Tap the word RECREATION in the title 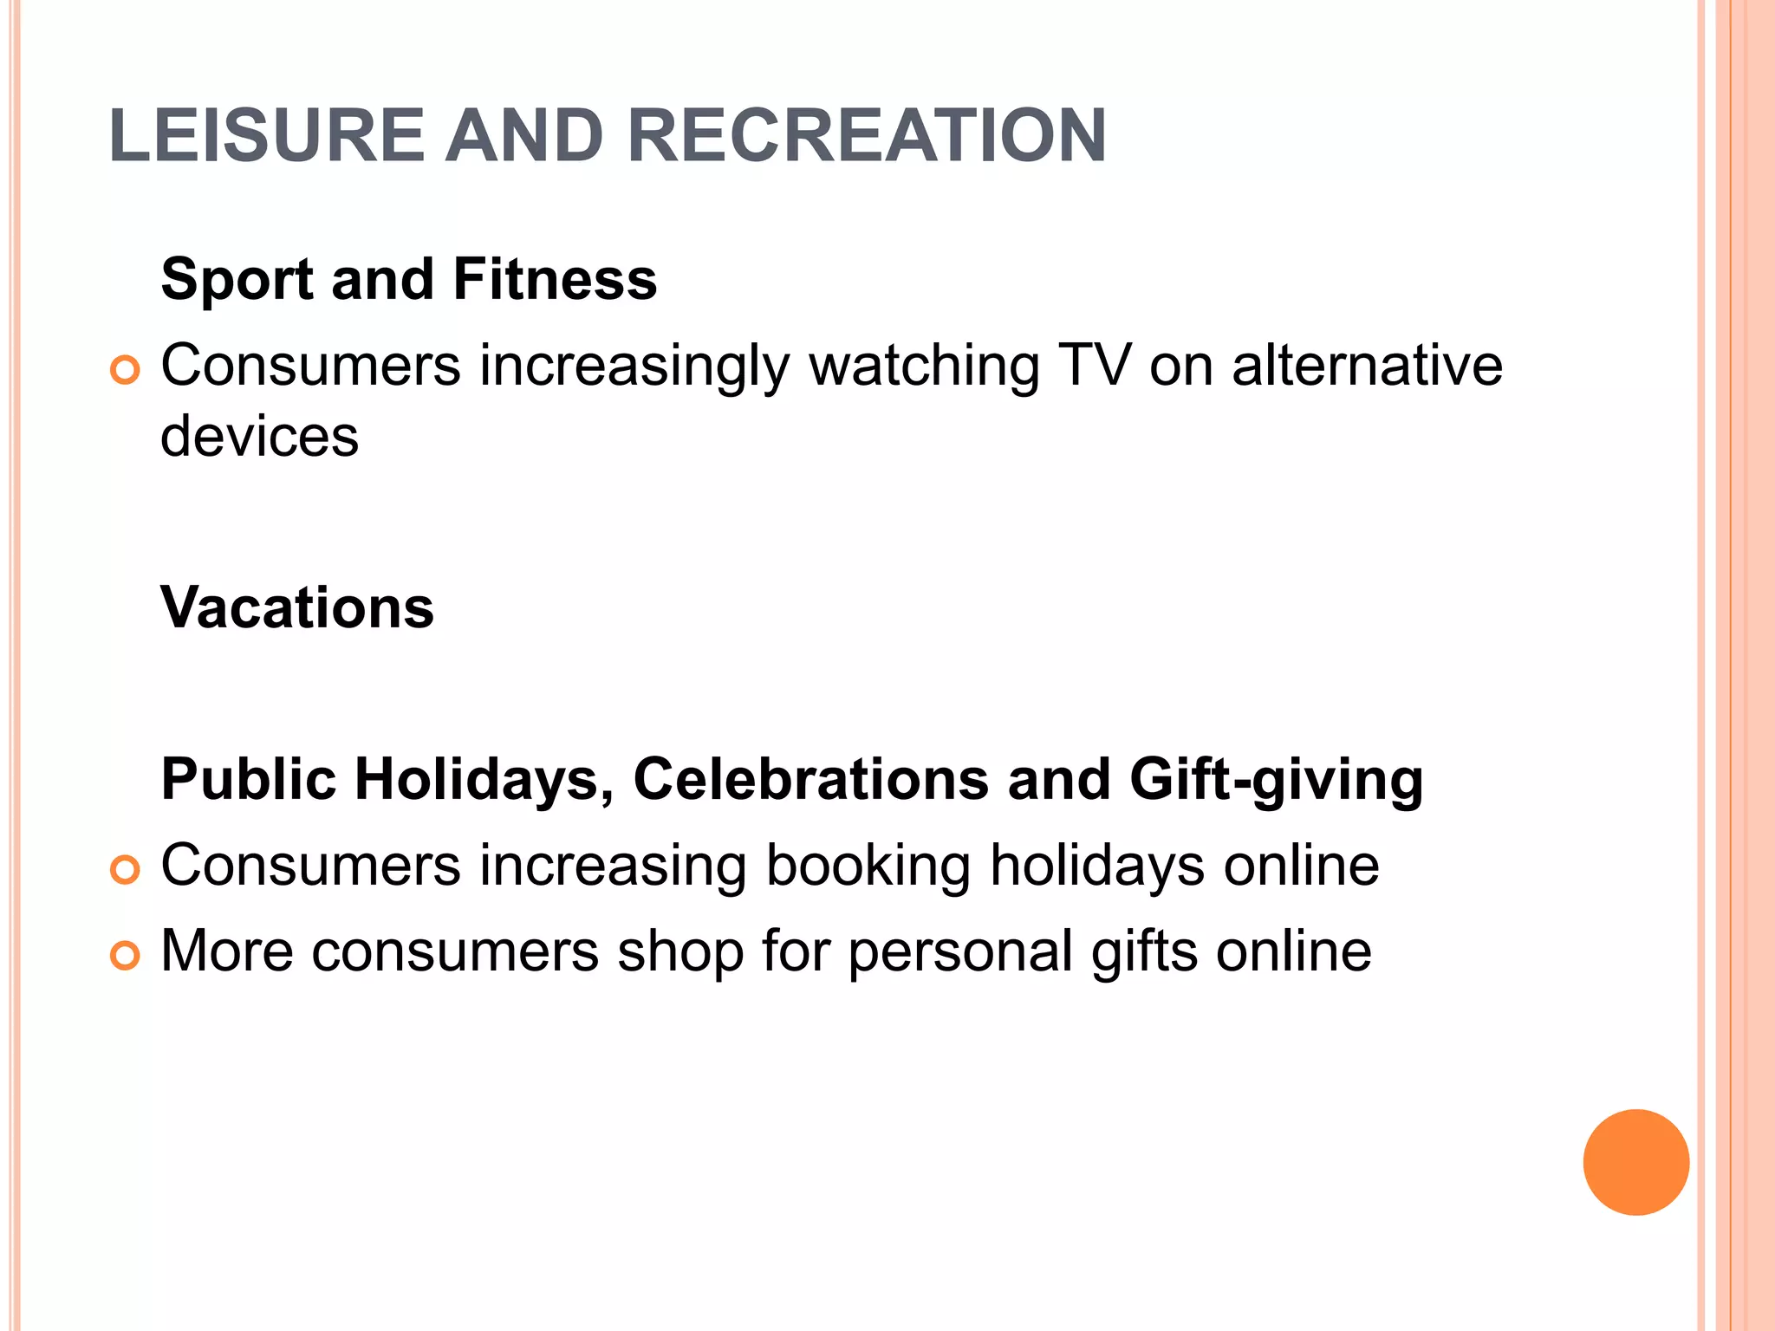(866, 135)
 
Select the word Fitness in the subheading (555, 279)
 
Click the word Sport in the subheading (237, 279)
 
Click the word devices (259, 435)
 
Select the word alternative (1367, 364)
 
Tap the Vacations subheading (297, 607)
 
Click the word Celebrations (810, 778)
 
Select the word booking (868, 867)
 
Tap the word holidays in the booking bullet (1097, 865)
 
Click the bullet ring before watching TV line (125, 371)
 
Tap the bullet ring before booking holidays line (125, 870)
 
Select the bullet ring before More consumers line (125, 956)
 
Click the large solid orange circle (1635, 1162)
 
